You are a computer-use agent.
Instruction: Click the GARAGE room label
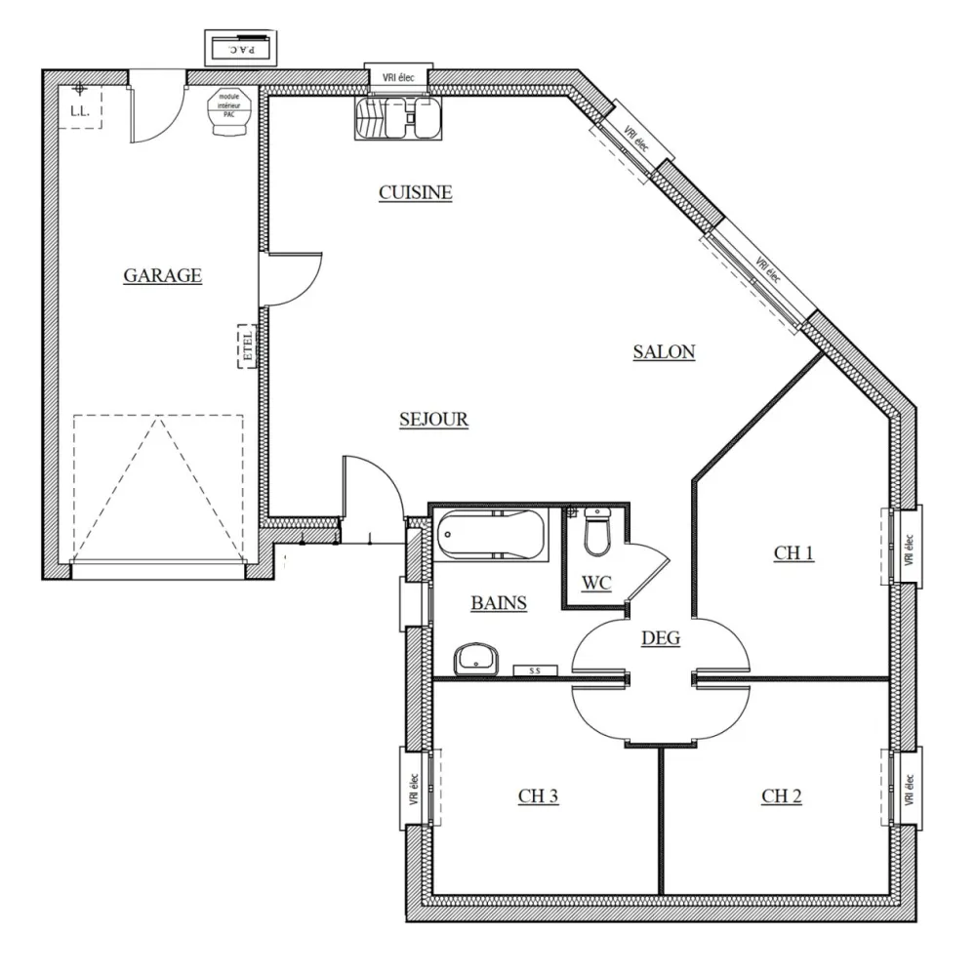pyautogui.click(x=162, y=275)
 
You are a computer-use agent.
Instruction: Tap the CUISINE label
pyautogui.click(x=416, y=192)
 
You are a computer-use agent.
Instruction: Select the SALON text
pyautogui.click(x=664, y=352)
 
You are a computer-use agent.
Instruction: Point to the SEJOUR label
pyautogui.click(x=433, y=420)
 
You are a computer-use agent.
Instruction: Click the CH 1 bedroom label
pyautogui.click(x=793, y=553)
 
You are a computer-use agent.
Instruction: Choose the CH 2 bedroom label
pyautogui.click(x=782, y=796)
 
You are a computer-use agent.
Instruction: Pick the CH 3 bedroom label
pyautogui.click(x=538, y=796)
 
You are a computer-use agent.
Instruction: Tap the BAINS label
pyautogui.click(x=499, y=603)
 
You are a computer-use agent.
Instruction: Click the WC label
pyautogui.click(x=596, y=584)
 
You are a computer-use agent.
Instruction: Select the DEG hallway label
pyautogui.click(x=661, y=638)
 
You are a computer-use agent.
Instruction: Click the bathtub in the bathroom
pyautogui.click(x=491, y=535)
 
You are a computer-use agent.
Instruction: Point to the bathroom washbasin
pyautogui.click(x=477, y=659)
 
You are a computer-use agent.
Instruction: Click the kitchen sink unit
pyautogui.click(x=398, y=117)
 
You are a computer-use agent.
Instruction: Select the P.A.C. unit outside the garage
pyautogui.click(x=240, y=47)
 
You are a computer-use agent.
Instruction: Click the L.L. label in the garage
pyautogui.click(x=80, y=112)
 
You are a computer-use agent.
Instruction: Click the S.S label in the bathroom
pyautogui.click(x=535, y=671)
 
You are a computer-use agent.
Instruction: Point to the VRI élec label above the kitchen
pyautogui.click(x=397, y=75)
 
